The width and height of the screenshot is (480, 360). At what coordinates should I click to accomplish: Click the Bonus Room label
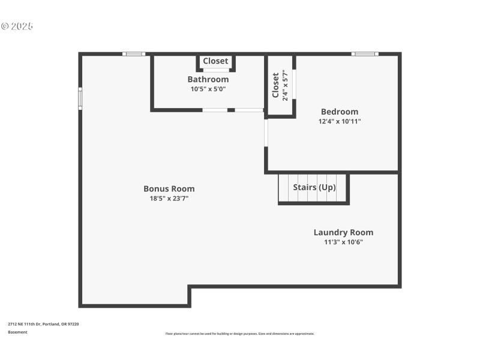(x=169, y=188)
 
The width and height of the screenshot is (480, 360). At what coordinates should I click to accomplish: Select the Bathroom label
(x=208, y=79)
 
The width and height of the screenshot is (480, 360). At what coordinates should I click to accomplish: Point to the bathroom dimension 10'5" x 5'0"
(x=208, y=89)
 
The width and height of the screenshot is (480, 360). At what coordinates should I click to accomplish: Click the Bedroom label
(x=340, y=112)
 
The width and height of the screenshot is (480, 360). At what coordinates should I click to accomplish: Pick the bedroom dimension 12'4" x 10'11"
(x=340, y=121)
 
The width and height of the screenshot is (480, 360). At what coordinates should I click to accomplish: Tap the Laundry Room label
(x=343, y=232)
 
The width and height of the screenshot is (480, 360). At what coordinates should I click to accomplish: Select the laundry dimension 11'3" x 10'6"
(x=343, y=242)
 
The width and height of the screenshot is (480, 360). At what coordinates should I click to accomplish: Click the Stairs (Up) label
(x=314, y=187)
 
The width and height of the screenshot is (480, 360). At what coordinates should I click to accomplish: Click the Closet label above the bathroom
(x=215, y=61)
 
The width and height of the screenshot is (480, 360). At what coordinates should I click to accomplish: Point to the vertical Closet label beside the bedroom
(x=275, y=85)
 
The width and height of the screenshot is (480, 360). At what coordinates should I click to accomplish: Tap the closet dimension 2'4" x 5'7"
(x=285, y=85)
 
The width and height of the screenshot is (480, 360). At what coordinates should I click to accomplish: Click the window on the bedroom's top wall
(x=365, y=54)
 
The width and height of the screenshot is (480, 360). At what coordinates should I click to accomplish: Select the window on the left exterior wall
(x=80, y=99)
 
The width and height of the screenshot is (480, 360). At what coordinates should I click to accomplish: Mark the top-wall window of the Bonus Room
(x=134, y=54)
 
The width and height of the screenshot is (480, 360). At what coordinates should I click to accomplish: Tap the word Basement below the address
(x=17, y=332)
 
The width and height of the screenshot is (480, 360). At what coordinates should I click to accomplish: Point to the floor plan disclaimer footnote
(x=239, y=334)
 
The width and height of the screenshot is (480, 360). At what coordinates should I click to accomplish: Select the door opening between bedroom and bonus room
(x=265, y=133)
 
